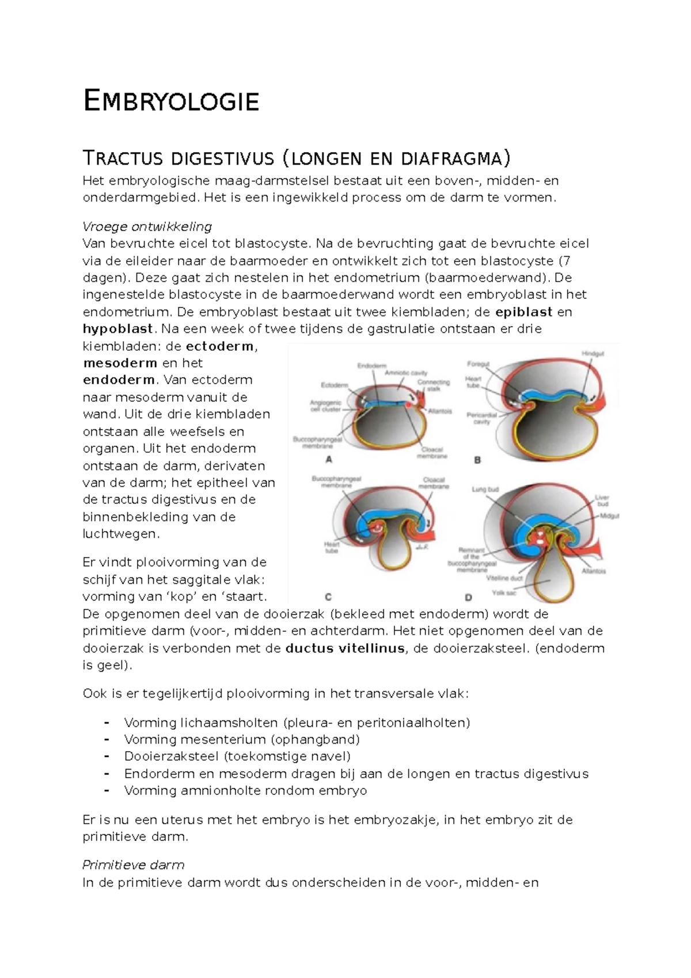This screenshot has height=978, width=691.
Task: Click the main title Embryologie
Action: pos(171,101)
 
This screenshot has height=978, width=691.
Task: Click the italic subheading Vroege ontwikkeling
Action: pos(147,226)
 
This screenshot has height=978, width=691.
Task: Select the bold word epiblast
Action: pos(523,312)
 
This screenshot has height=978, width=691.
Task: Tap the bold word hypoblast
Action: pos(118,329)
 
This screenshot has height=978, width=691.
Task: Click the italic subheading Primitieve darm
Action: pos(133,865)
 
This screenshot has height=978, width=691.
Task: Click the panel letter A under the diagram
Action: pos(329,460)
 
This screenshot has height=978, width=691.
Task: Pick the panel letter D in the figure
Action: pos(468,597)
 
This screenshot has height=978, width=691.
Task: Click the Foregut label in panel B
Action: pos(478,364)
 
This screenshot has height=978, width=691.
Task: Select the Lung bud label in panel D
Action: pos(485,490)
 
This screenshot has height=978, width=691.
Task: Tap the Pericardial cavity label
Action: pos(481,418)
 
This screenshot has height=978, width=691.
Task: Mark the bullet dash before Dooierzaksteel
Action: pos(107,756)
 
